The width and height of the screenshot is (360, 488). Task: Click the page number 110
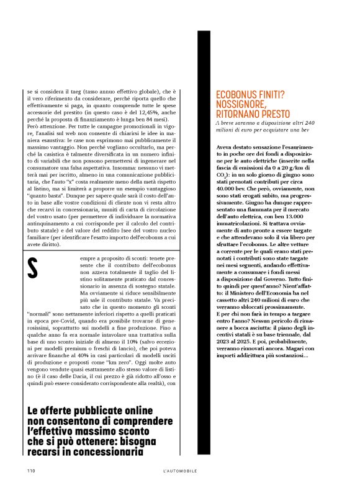click(30, 471)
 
